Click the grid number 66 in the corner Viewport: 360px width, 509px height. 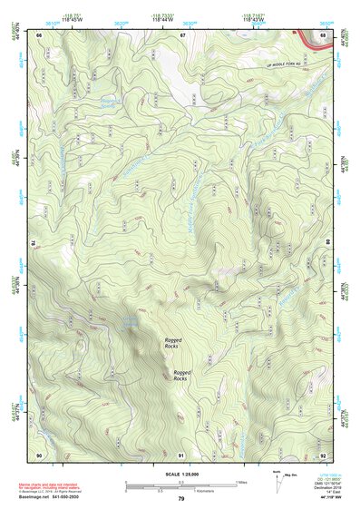pyautogui.click(x=40, y=34)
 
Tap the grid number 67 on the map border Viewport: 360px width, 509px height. pyautogui.click(x=181, y=34)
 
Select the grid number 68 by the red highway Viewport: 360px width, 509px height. pyautogui.click(x=323, y=35)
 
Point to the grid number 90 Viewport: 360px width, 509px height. pyautogui.click(x=40, y=454)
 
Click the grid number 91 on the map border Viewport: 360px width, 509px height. pyautogui.click(x=181, y=454)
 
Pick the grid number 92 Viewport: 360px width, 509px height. pyautogui.click(x=323, y=454)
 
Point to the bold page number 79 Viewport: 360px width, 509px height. pyautogui.click(x=181, y=499)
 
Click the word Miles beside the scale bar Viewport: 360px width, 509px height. pyautogui.click(x=239, y=482)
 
